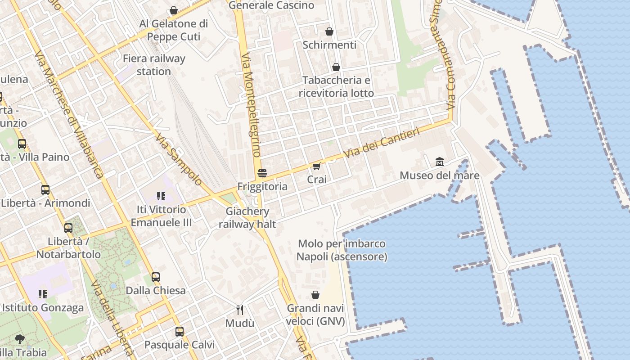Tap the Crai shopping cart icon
click(x=316, y=166)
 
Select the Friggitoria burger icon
click(x=262, y=173)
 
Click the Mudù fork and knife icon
click(x=240, y=310)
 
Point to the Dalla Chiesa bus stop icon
click(x=155, y=277)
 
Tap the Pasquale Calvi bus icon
click(x=180, y=332)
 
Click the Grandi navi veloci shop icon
click(x=315, y=295)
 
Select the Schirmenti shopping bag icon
click(x=329, y=31)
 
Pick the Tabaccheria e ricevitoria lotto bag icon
click(x=336, y=67)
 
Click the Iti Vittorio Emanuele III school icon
click(x=161, y=196)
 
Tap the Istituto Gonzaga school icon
click(x=43, y=294)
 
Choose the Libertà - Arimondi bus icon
click(x=45, y=190)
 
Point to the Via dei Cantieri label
click(x=382, y=143)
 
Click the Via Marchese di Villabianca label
click(x=69, y=115)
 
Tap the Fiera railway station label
click(x=154, y=65)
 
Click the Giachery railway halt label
click(x=247, y=217)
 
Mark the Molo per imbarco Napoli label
click(x=342, y=250)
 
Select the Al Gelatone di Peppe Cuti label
click(x=174, y=30)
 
